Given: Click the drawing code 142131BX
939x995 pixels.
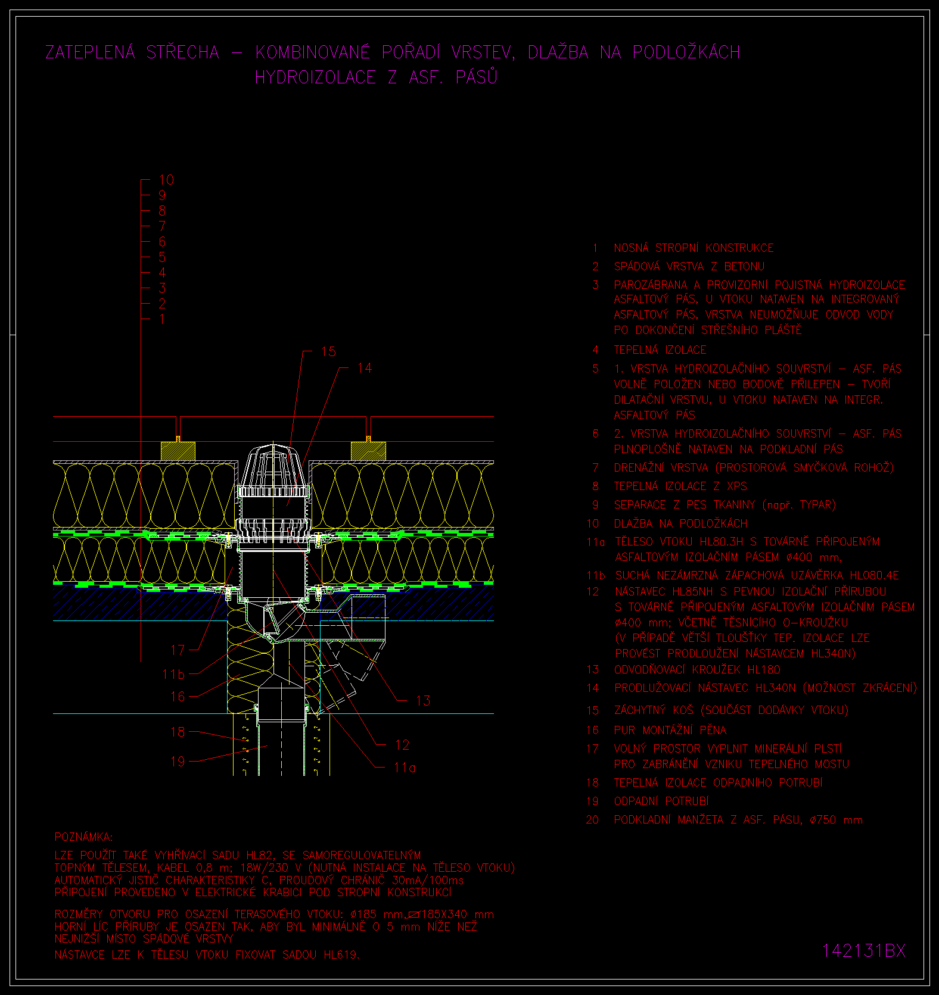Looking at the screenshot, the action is click(864, 951).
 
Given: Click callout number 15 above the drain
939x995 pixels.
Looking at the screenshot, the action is click(328, 352).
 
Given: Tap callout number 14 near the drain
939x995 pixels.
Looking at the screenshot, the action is click(364, 368).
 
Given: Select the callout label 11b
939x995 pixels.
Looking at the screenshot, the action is click(173, 674).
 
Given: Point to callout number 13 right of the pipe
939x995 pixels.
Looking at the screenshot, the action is click(423, 700).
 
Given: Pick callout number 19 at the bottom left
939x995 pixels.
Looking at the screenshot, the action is click(178, 761).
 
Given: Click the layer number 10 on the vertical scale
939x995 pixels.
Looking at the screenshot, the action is click(166, 179).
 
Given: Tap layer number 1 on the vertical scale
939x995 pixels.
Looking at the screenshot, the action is click(161, 319).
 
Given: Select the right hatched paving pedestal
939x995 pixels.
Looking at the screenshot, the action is click(368, 451).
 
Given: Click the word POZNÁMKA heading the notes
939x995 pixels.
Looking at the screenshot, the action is click(83, 837).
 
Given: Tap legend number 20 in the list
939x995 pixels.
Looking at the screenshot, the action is click(592, 820).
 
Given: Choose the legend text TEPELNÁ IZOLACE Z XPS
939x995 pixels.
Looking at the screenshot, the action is click(680, 486).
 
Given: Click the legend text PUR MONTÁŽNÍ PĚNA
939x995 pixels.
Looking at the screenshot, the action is click(670, 730).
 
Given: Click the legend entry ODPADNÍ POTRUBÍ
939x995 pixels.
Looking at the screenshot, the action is click(661, 801).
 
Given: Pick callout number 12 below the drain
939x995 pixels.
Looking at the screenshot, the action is click(402, 745).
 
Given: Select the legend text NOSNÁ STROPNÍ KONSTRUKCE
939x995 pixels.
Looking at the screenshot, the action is click(694, 248).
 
